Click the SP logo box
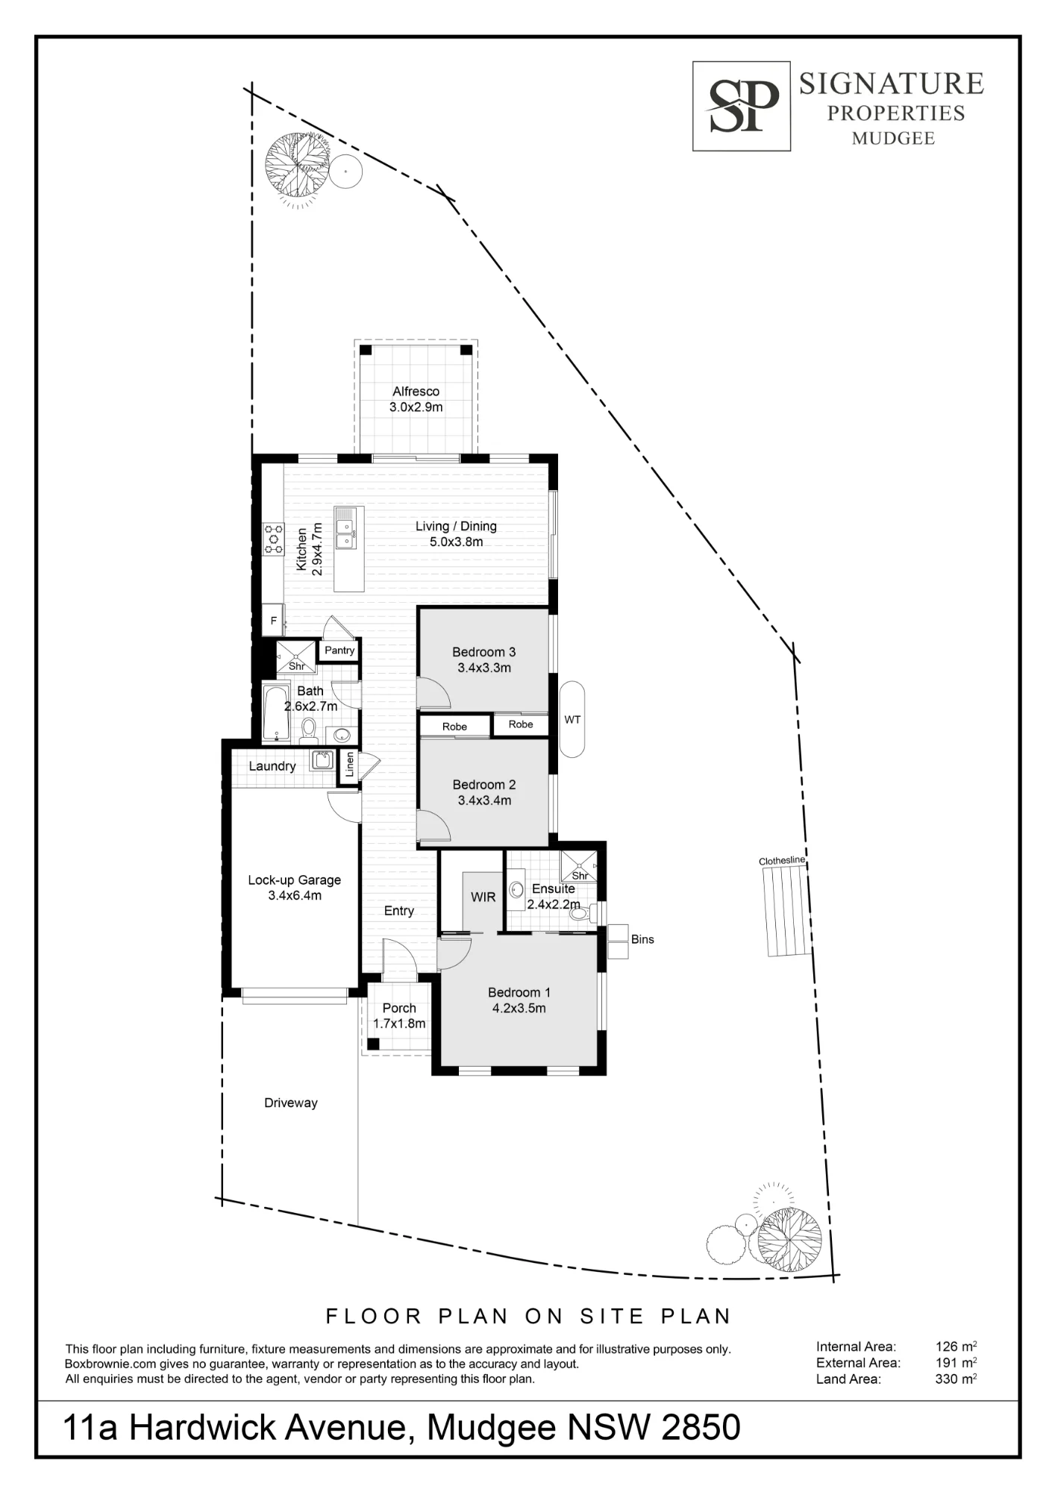tap(741, 106)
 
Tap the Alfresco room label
tap(416, 391)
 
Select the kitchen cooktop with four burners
tap(273, 538)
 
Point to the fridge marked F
tap(273, 621)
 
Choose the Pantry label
tap(339, 651)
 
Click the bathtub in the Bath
tap(276, 712)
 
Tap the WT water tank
tap(572, 719)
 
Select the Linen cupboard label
tap(349, 766)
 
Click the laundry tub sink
tap(322, 760)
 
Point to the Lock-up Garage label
tap(295, 880)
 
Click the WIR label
tap(483, 897)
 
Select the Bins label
tap(642, 939)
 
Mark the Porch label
tap(399, 1008)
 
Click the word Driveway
tap(291, 1103)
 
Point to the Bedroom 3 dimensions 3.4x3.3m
tap(484, 668)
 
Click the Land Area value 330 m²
tap(956, 1379)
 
